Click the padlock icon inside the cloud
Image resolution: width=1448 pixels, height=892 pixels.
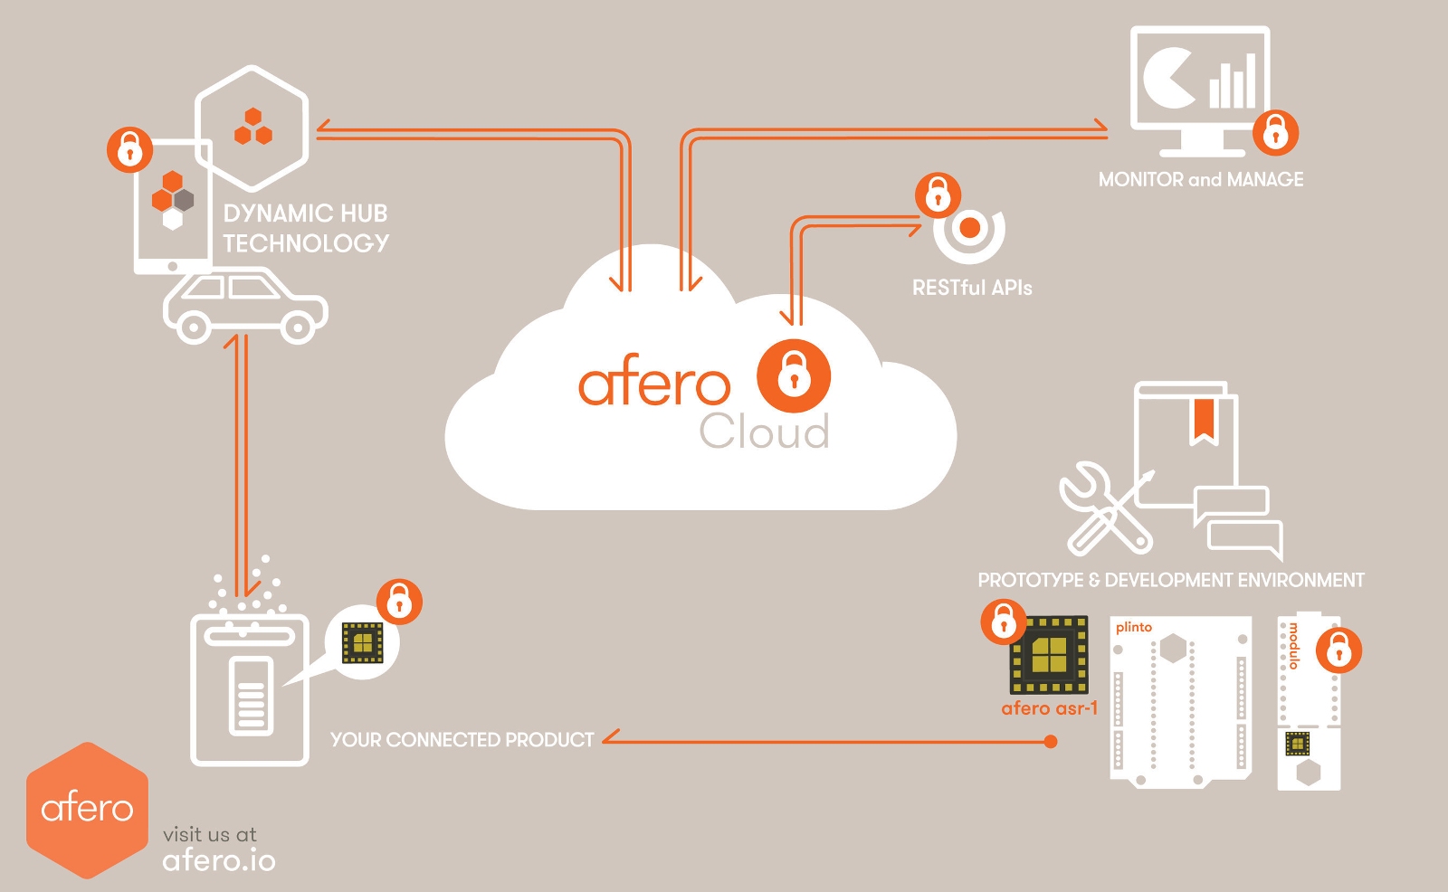pos(794,375)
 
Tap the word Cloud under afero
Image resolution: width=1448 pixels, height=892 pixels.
pos(765,432)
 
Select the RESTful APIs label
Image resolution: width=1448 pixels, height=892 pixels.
pos(972,288)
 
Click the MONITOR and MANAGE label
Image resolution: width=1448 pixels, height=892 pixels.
pos(1201,179)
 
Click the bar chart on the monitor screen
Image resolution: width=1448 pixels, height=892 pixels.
pos(1233,82)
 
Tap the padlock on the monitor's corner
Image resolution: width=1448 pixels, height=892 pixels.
pos(1275,133)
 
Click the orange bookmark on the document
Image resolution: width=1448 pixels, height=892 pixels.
pos(1203,421)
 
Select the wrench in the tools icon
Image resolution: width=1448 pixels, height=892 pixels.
pos(1095,507)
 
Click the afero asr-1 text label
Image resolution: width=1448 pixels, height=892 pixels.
pos(1049,708)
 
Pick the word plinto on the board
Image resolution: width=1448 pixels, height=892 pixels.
pos(1134,627)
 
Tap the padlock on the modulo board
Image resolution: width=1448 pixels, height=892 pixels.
pos(1338,650)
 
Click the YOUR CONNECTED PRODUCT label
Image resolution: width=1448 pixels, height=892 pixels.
pos(462,740)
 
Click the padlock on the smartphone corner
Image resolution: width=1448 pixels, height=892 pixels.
pos(129,149)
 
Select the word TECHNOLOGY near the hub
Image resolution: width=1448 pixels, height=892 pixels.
pos(306,243)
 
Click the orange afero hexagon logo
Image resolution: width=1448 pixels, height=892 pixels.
pos(87,809)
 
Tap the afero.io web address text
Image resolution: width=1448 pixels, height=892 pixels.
pos(219,860)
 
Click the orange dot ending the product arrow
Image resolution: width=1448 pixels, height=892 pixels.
pos(1050,742)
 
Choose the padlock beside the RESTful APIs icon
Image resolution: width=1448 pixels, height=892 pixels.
pos(937,195)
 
